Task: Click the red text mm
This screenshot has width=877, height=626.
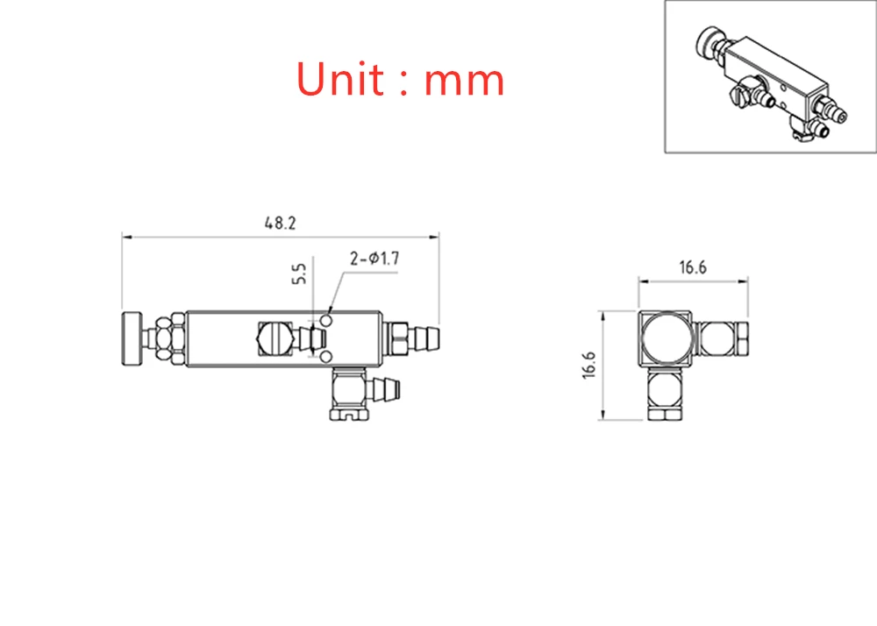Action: [x=464, y=81]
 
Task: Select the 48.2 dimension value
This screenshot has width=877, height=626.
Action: [x=281, y=223]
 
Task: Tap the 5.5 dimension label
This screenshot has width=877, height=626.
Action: [x=299, y=274]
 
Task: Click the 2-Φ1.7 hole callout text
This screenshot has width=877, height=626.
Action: [x=374, y=259]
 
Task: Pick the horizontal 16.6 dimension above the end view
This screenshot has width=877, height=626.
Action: [x=693, y=267]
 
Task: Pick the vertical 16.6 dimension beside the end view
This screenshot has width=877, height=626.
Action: [x=589, y=366]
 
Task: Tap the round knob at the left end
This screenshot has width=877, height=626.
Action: [x=132, y=338]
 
